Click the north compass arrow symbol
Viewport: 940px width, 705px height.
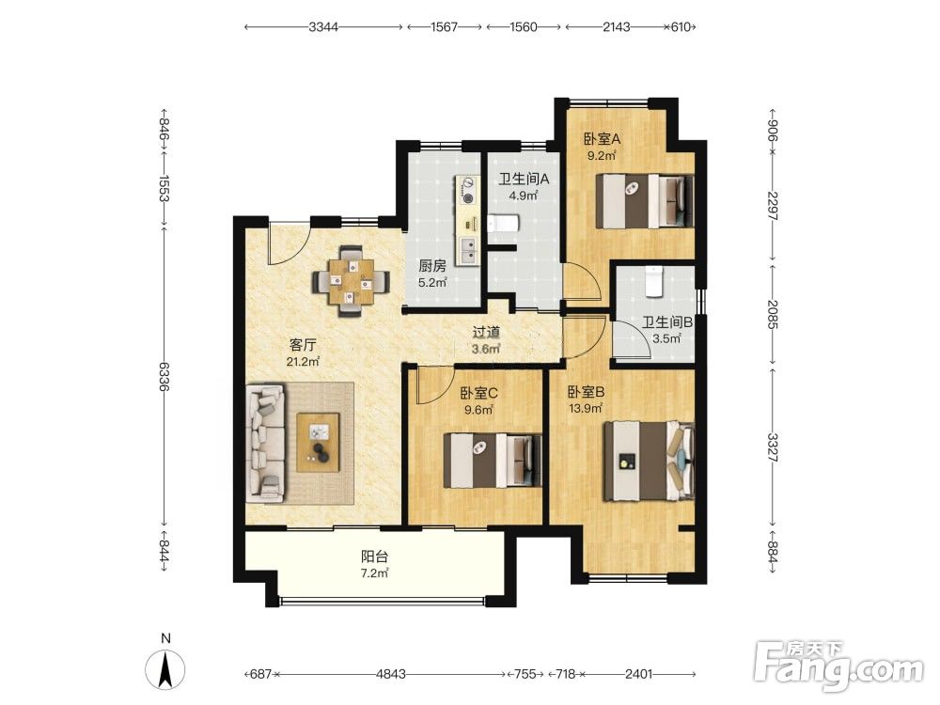(x=165, y=667)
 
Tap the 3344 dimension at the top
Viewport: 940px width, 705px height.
(x=323, y=27)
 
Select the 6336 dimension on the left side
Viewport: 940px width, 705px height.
(x=164, y=376)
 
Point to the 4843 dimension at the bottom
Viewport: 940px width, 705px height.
(x=391, y=674)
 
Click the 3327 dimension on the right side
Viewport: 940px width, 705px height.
(x=773, y=447)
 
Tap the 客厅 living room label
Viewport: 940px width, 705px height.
(x=303, y=345)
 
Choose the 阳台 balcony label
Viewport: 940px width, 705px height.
(x=374, y=556)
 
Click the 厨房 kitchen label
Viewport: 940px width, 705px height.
(x=432, y=266)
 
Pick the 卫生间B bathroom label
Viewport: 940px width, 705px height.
(x=667, y=321)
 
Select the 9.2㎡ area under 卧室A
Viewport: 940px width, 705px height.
(x=602, y=156)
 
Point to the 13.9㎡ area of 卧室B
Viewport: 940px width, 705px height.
(x=585, y=409)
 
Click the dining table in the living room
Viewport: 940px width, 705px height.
(x=351, y=280)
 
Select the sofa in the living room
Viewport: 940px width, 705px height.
(x=265, y=444)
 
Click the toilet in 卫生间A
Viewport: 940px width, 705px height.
(x=502, y=225)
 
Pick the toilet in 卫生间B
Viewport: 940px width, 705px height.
(x=653, y=282)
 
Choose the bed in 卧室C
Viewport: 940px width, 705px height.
(x=493, y=461)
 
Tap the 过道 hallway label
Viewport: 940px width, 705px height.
(x=486, y=332)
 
